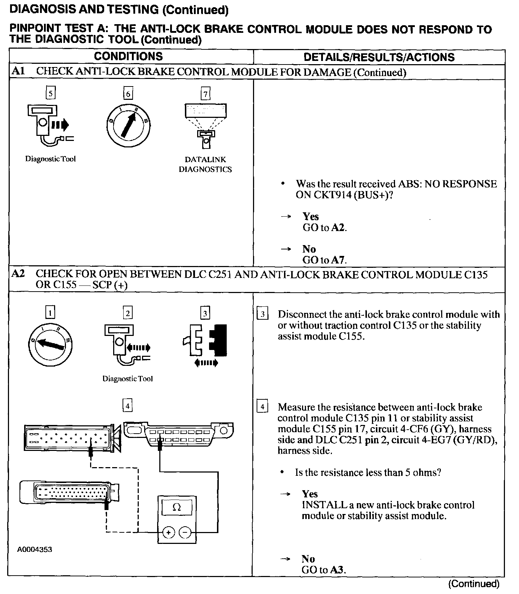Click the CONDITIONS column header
(x=128, y=57)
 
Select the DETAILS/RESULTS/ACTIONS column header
(x=379, y=57)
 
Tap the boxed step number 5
(x=50, y=93)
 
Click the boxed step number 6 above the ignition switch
(x=128, y=94)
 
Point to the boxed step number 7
(x=205, y=94)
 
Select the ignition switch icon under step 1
(x=50, y=345)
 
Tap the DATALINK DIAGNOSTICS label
(x=205, y=164)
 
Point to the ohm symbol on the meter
(x=177, y=507)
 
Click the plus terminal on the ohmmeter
(x=169, y=532)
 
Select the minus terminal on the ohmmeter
(x=185, y=532)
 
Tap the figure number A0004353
(x=35, y=550)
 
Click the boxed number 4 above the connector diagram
(x=127, y=406)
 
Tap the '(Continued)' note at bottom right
(x=474, y=584)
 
